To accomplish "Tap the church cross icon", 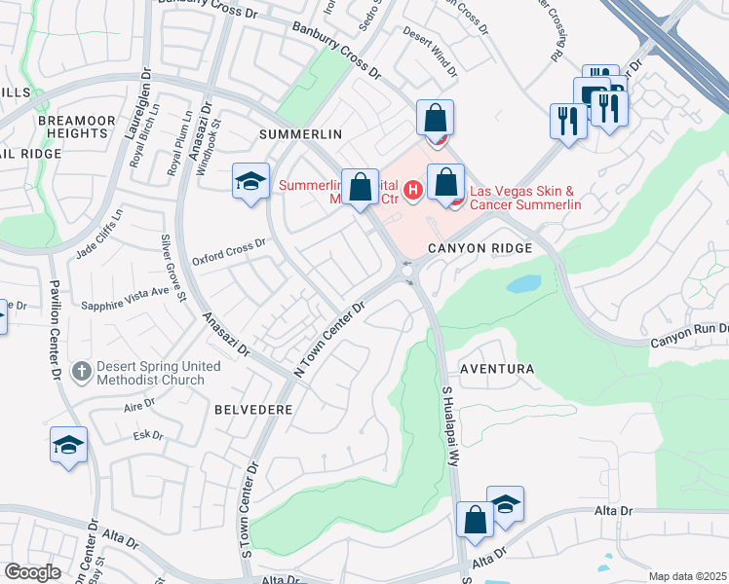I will (83, 372).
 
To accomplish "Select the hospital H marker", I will (413, 189).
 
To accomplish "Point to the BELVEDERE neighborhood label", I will (253, 410).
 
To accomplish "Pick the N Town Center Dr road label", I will (328, 339).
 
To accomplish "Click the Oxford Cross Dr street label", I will (229, 252).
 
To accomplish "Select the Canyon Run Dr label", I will (689, 334).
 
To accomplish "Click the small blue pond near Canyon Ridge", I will (523, 284).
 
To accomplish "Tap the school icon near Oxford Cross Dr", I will (250, 181).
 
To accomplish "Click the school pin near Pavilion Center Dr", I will (68, 445).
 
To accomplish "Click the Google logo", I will (32, 572).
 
